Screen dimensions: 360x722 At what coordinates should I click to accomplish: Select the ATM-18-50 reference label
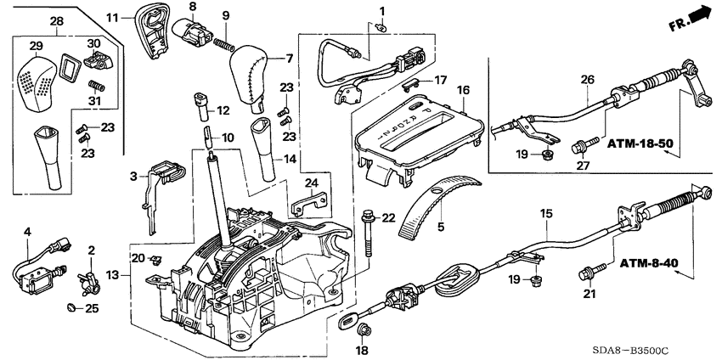click(639, 144)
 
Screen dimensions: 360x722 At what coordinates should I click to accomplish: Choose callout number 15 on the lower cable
click(545, 215)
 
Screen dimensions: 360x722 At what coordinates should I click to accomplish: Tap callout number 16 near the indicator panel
click(463, 89)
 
